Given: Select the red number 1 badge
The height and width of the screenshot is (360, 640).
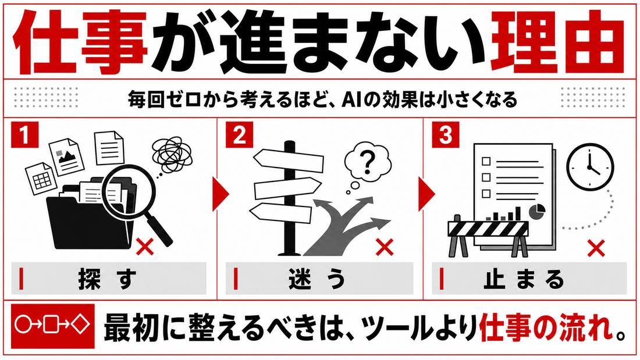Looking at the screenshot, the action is tap(25, 134).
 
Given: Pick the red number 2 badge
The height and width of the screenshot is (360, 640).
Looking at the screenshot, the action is tap(239, 134).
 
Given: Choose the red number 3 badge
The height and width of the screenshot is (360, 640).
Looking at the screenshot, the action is tap(446, 134).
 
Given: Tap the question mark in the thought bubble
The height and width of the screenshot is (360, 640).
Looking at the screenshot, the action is tap(368, 162).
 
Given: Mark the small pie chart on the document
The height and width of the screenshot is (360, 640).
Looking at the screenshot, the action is tap(537, 212).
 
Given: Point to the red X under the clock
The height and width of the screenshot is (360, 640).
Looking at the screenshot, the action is tap(596, 248).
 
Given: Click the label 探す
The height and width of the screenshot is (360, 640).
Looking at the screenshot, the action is tap(108, 279).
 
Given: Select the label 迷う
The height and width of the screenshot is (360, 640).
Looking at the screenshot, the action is tap(317, 279).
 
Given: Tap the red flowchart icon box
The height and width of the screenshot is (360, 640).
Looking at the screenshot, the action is tap(52, 325).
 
